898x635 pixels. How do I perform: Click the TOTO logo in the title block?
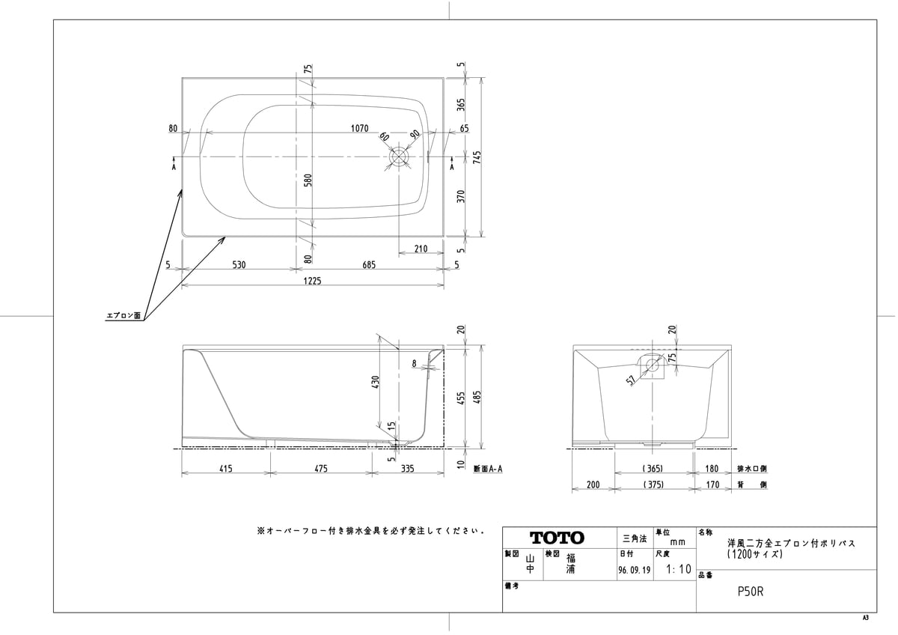[557, 538]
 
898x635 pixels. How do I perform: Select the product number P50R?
[751, 592]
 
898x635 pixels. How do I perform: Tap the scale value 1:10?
[679, 569]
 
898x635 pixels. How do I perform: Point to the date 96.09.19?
[635, 570]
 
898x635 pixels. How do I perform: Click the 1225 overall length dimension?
[312, 281]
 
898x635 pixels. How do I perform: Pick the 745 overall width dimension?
[477, 157]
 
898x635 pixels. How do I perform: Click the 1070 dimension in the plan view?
[360, 128]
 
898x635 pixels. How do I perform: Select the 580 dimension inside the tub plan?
[308, 180]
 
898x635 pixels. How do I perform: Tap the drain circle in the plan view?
[400, 157]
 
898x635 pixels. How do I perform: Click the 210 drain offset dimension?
[421, 249]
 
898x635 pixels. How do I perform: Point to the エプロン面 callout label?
[123, 316]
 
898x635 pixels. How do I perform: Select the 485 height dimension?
[477, 397]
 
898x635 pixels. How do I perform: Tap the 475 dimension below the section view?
[321, 469]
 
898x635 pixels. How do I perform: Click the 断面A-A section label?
[488, 469]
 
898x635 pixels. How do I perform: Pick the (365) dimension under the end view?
[653, 469]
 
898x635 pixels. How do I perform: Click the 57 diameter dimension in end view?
[631, 380]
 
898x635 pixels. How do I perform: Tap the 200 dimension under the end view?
[593, 484]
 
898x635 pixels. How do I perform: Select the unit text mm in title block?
[677, 542]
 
